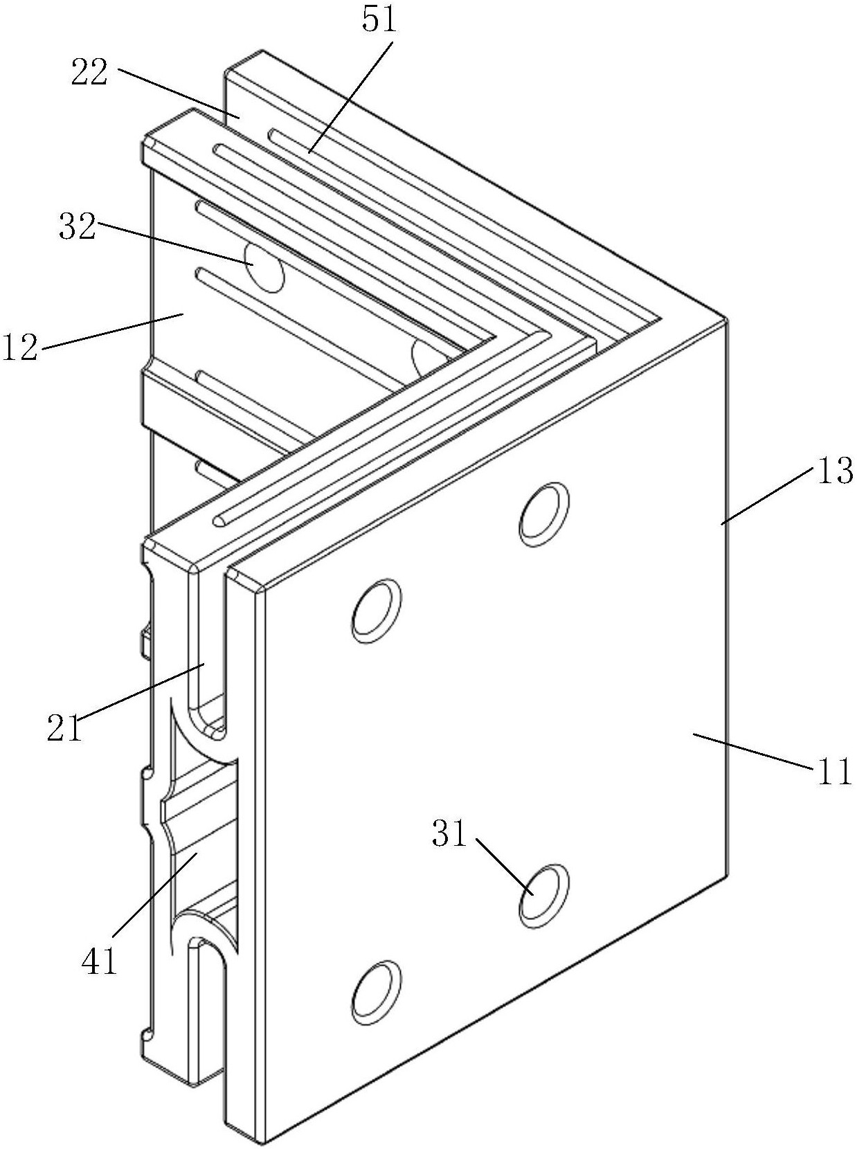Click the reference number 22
coord(89,73)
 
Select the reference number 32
coord(78,227)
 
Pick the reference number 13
coord(833,469)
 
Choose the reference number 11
coord(832,770)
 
